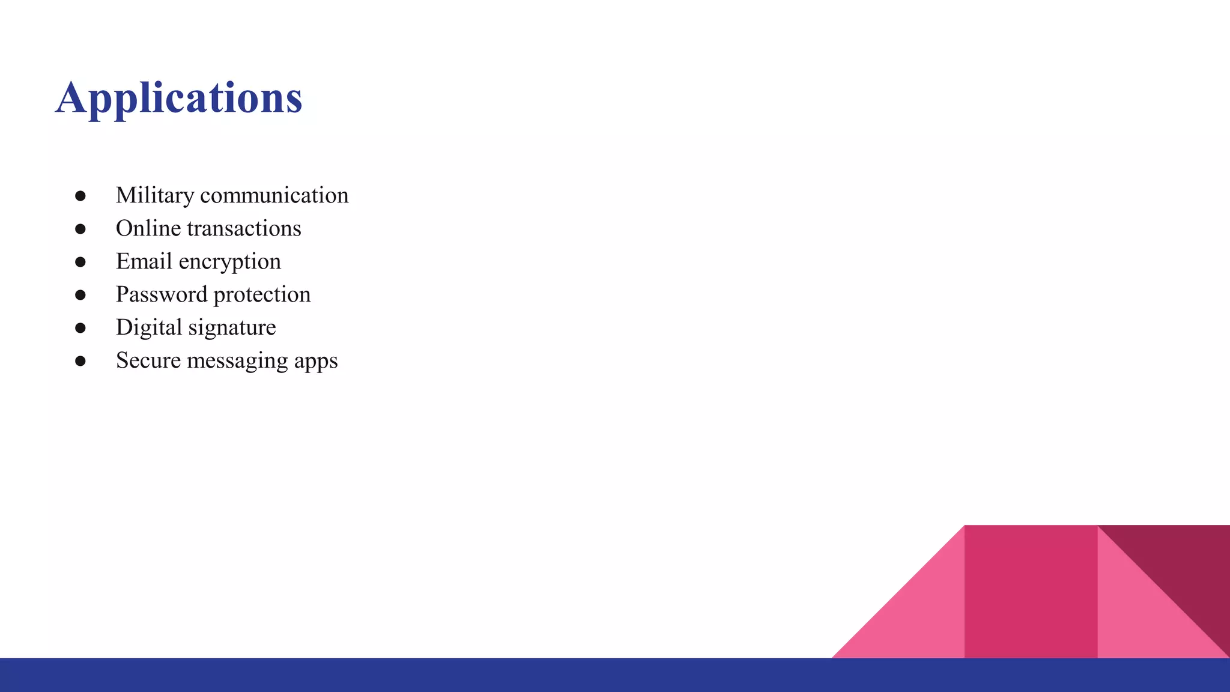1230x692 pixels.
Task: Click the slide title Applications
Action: [x=179, y=97]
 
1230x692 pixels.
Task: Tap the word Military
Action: [x=155, y=196]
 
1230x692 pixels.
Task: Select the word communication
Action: [x=274, y=196]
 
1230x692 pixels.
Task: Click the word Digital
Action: [x=149, y=328]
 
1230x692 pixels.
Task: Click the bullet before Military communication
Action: [x=80, y=196]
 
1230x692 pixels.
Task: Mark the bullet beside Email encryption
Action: [x=80, y=262]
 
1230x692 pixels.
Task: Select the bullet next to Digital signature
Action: [x=80, y=328]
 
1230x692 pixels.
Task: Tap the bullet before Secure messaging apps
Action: [x=80, y=361]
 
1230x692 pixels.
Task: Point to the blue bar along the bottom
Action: [x=420, y=675]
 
